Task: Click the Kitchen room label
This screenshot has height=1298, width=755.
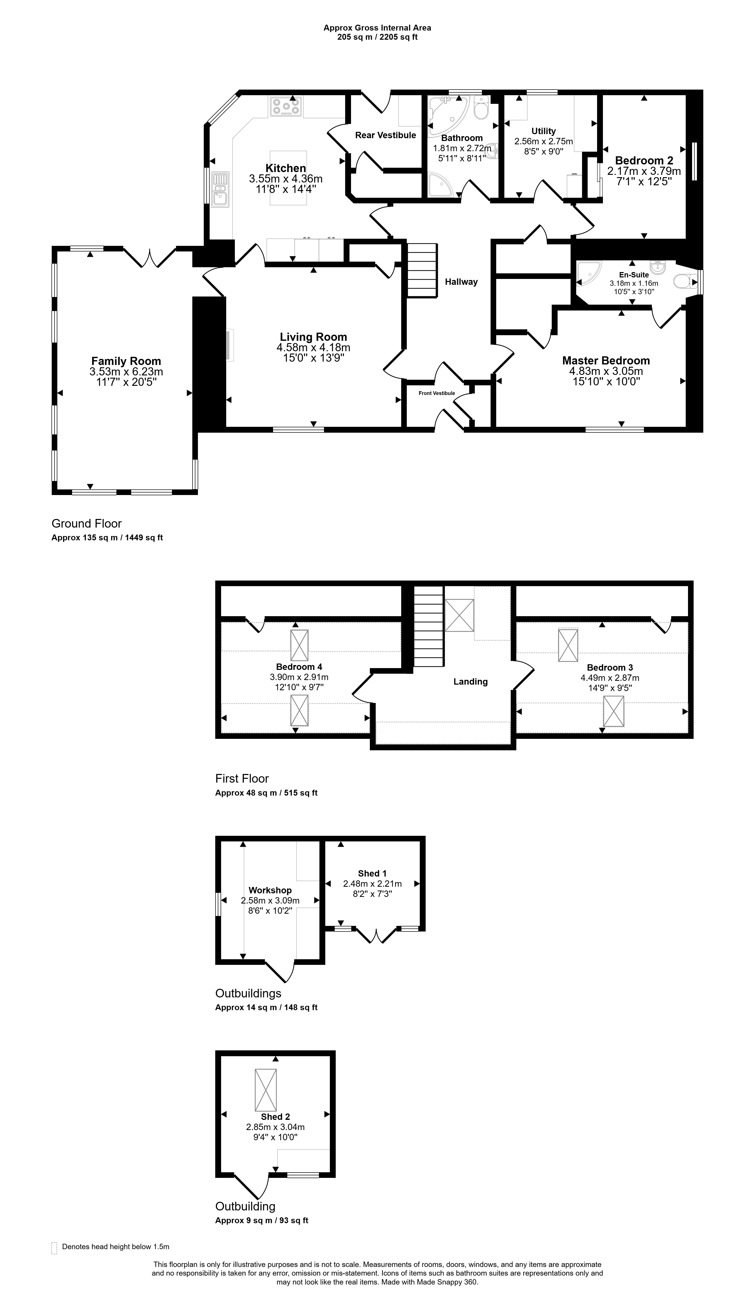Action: pos(286,168)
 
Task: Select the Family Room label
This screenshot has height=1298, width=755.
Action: pos(126,361)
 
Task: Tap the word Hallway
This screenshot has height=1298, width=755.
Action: pos(461,282)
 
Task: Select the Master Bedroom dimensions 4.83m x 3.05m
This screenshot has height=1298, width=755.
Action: pos(606,371)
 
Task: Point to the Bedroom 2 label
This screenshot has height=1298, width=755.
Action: pos(644,160)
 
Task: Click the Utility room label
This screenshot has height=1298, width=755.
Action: pos(544,131)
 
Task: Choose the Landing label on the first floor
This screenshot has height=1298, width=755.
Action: pos(470,682)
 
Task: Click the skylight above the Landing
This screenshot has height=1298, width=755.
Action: pos(459,615)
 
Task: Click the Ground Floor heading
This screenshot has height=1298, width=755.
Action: pos(87,523)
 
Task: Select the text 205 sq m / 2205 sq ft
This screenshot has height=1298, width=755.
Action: pos(377,37)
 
